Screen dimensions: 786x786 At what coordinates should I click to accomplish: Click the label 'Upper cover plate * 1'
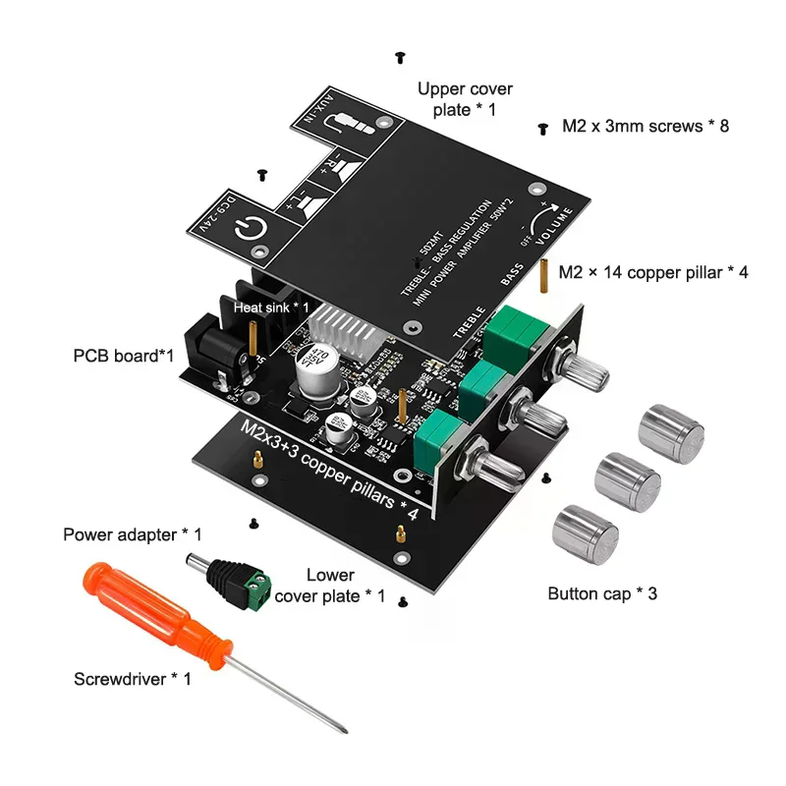click(x=465, y=99)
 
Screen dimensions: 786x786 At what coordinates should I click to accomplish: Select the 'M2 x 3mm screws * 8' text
click(x=645, y=126)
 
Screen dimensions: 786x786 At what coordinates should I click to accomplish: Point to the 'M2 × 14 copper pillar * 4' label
click(x=653, y=272)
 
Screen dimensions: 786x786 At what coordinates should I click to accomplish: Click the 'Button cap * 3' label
click(x=601, y=593)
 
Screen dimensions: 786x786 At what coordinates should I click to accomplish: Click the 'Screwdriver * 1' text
click(x=133, y=678)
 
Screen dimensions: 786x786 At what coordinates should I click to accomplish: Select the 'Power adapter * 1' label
click(x=132, y=535)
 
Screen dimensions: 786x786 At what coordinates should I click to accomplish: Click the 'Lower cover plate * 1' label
click(x=330, y=586)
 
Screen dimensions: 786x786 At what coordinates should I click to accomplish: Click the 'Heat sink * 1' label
click(x=271, y=307)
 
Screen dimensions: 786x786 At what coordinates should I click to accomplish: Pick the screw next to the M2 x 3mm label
click(x=542, y=128)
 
